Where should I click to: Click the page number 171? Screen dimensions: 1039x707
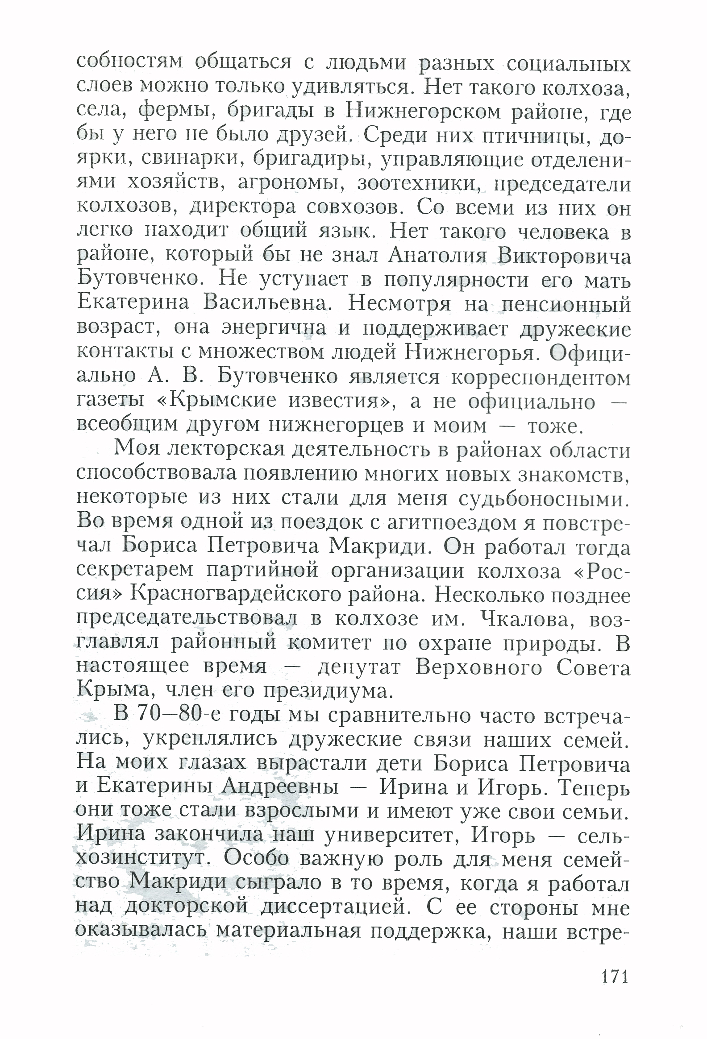click(615, 977)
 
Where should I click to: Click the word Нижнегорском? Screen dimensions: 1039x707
click(423, 112)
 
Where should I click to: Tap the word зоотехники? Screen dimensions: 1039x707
click(421, 183)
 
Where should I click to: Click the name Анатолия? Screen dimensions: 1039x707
click(437, 256)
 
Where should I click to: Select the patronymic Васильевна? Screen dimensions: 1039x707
click(267, 303)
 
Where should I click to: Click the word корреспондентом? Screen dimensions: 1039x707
click(541, 377)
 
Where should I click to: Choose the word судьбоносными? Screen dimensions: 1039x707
click(544, 498)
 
